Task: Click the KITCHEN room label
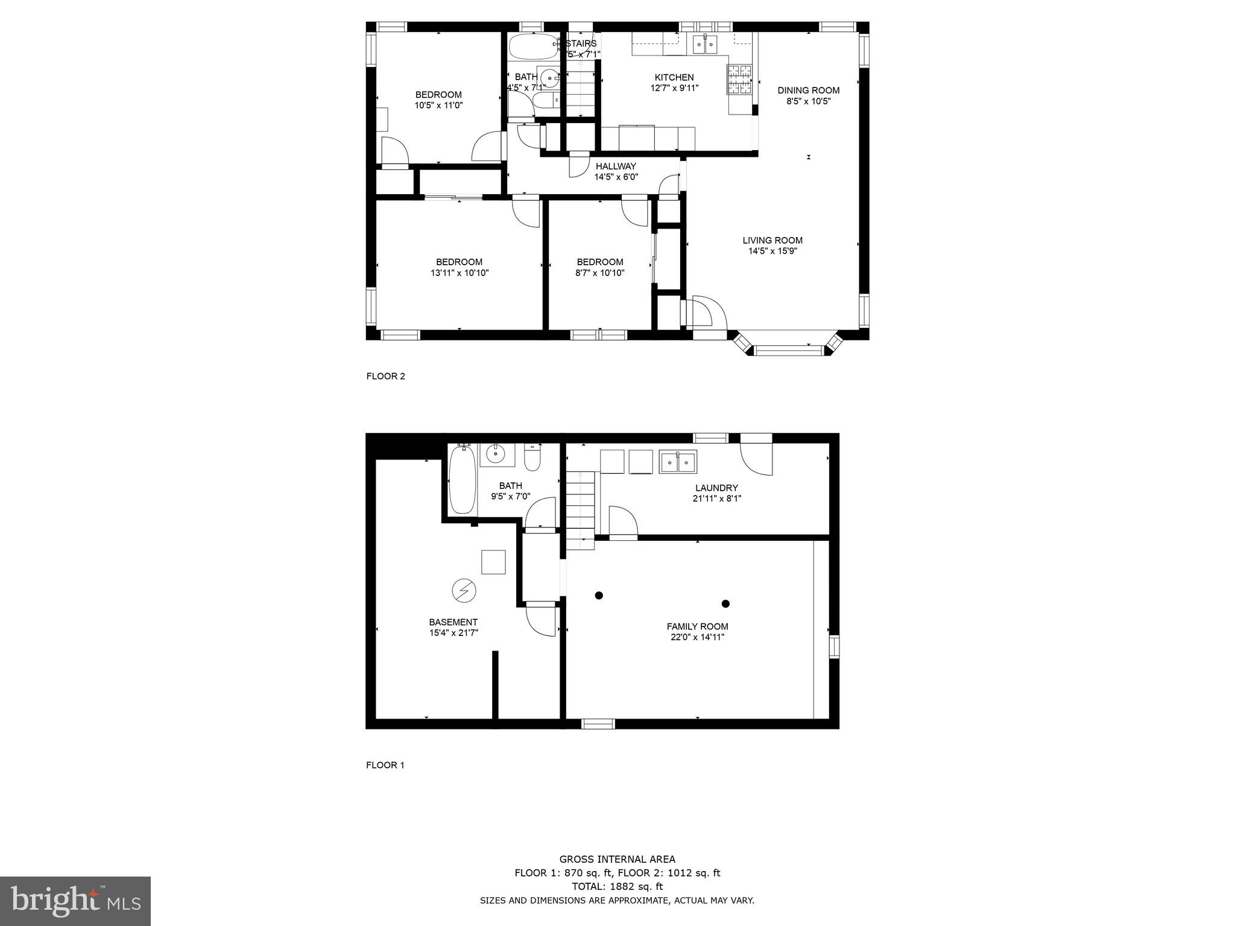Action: point(674,77)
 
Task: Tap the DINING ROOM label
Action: point(808,90)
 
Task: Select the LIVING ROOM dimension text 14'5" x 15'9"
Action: point(772,251)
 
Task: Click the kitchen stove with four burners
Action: point(741,80)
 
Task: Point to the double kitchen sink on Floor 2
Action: point(704,43)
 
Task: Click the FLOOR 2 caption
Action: point(386,376)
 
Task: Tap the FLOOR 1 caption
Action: point(385,765)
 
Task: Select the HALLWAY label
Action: point(616,166)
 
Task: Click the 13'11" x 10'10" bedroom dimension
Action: point(459,272)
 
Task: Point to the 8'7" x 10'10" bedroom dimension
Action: point(599,272)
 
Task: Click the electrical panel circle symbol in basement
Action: point(464,590)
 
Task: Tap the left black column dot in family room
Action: point(599,596)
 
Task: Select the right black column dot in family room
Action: point(725,603)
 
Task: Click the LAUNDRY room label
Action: point(716,488)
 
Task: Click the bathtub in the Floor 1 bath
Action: point(462,480)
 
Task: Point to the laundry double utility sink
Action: point(678,462)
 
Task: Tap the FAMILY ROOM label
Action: point(697,626)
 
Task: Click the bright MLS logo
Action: point(75,901)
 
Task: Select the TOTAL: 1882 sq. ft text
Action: point(617,886)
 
